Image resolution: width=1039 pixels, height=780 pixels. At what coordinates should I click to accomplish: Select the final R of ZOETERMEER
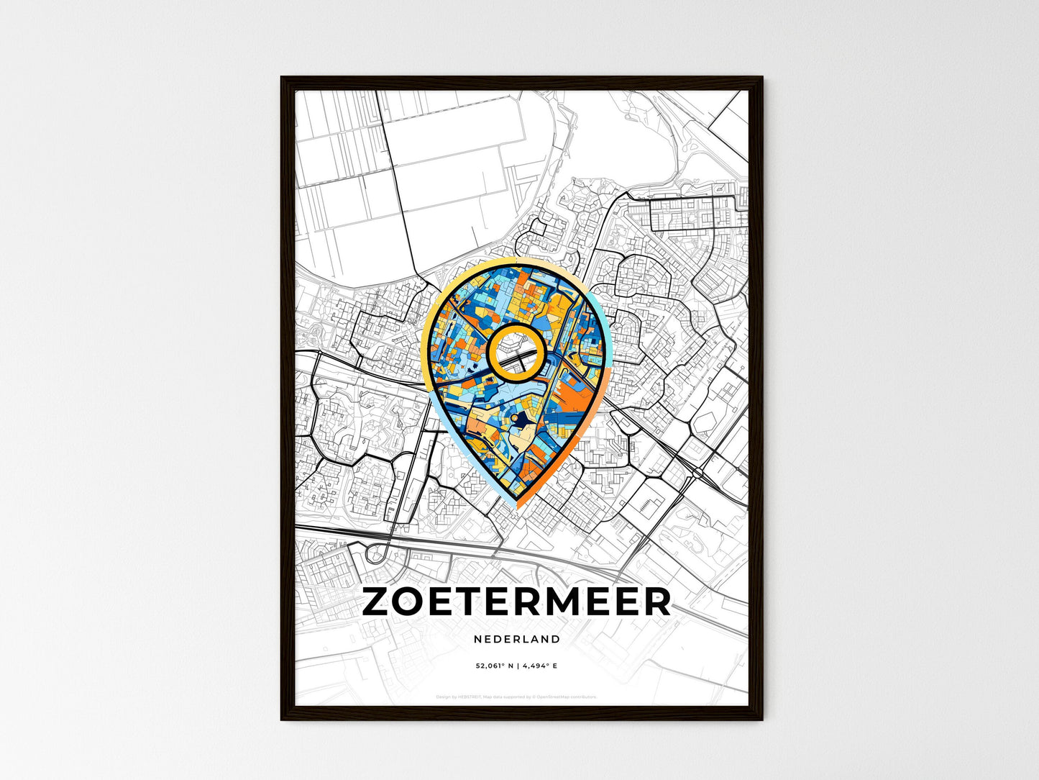(655, 603)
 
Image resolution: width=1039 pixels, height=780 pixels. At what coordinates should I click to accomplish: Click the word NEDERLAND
(517, 639)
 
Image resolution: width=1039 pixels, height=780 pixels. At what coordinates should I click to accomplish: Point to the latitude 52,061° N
(493, 666)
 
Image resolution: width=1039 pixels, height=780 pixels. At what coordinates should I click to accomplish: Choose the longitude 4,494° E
(539, 666)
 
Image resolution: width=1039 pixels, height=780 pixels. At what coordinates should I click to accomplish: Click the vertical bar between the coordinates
(517, 666)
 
